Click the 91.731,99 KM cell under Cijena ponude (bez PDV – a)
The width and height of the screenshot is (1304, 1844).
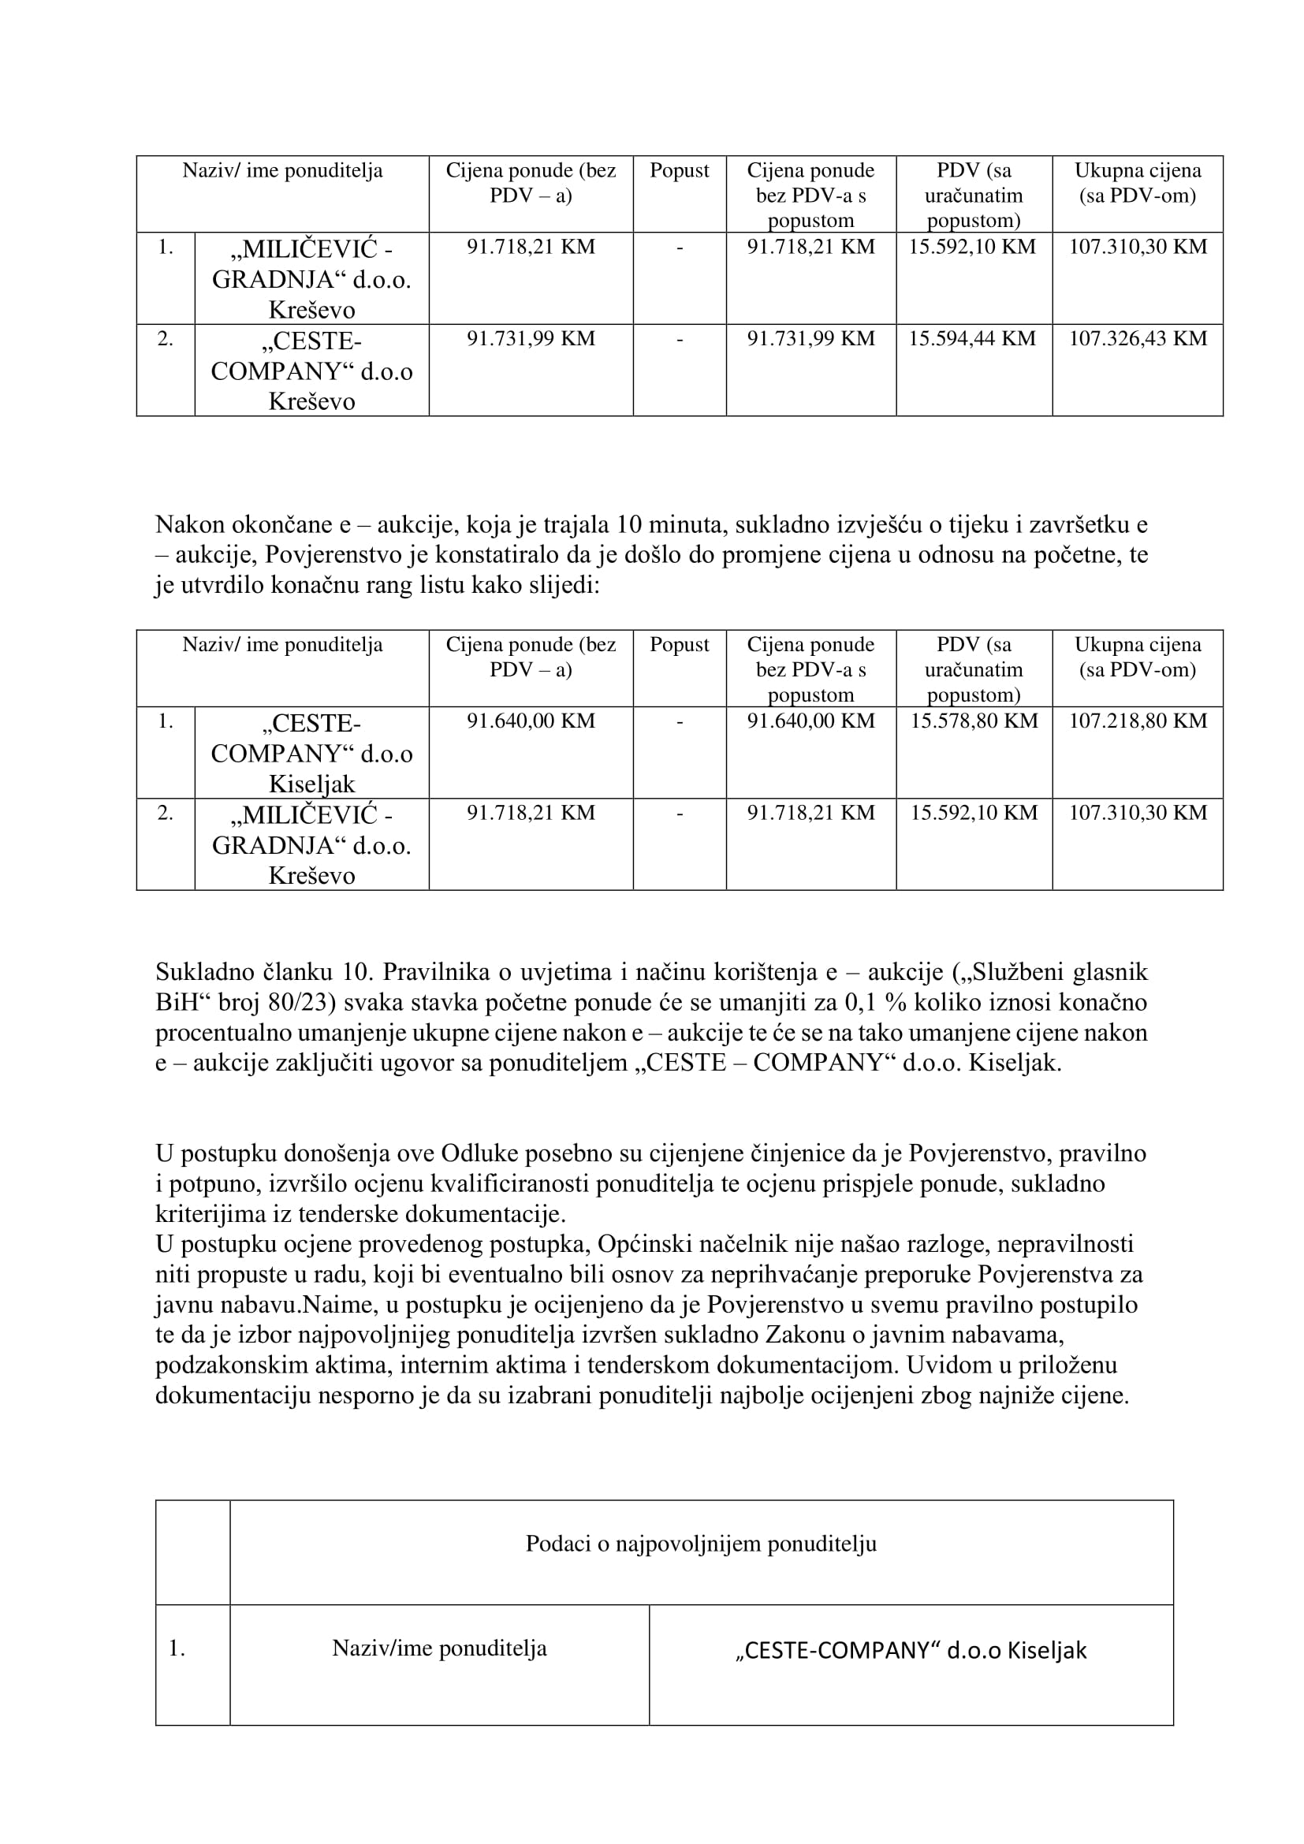click(531, 338)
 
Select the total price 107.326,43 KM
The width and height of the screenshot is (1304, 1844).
click(1137, 338)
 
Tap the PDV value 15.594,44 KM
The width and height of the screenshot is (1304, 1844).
click(972, 338)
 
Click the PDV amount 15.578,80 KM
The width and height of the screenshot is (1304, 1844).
click(973, 721)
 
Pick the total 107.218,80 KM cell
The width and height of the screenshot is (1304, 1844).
click(1137, 721)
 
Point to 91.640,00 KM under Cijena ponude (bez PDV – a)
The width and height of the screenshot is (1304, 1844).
click(531, 721)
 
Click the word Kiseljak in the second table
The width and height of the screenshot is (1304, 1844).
click(311, 783)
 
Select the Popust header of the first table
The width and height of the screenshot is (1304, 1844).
click(680, 170)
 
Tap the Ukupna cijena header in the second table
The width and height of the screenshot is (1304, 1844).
click(1137, 656)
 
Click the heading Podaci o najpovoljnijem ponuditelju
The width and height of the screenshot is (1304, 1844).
click(701, 1544)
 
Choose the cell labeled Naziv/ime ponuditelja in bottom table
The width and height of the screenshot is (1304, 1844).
click(439, 1648)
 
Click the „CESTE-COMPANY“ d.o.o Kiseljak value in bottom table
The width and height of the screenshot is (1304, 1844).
click(911, 1650)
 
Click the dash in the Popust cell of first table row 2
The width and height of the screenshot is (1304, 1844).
click(680, 338)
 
